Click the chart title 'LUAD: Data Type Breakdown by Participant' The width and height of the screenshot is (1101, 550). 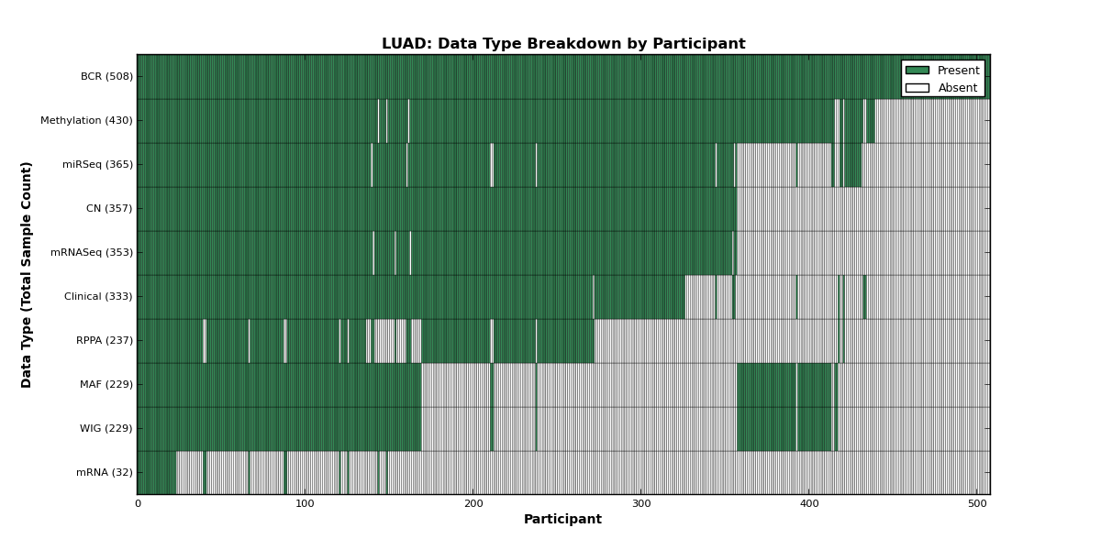coord(563,44)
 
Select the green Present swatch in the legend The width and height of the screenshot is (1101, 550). coord(917,71)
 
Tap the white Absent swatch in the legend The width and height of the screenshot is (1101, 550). coord(917,88)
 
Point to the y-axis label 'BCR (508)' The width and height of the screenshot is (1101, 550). coord(106,77)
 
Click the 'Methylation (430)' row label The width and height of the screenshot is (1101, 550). coord(86,120)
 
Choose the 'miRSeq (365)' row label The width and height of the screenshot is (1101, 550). coord(98,164)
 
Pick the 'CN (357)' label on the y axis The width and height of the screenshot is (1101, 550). coord(109,208)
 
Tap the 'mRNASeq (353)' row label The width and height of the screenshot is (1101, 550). coord(92,252)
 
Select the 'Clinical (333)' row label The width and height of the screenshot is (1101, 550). coord(98,297)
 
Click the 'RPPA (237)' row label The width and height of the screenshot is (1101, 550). coord(105,340)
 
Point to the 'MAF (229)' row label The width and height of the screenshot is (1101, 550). coord(106,384)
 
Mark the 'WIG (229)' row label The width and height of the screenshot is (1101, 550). coord(106,428)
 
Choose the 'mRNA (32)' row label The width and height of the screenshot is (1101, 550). coord(105,472)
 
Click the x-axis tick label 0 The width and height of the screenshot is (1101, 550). coord(138,504)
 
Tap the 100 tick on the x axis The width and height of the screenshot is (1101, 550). coord(305,504)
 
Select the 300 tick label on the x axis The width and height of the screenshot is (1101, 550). coord(641,504)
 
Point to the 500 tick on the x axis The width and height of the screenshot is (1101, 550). coord(977,504)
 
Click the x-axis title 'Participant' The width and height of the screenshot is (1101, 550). coord(562,519)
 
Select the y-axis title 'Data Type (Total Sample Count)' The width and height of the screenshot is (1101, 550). coord(26,275)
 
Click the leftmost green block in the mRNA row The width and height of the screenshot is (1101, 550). coord(157,472)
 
